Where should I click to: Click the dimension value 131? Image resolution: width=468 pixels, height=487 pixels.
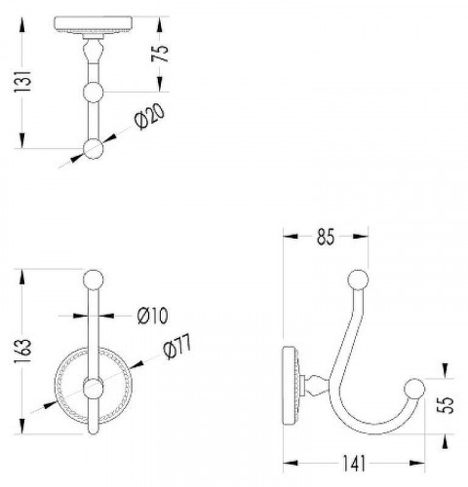[22, 81]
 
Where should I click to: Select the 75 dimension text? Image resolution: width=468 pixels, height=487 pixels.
[160, 54]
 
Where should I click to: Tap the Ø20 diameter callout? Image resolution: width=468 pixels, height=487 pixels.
[150, 117]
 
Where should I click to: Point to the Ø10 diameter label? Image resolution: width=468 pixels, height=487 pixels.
[153, 316]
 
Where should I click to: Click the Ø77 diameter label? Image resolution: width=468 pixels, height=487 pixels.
[177, 347]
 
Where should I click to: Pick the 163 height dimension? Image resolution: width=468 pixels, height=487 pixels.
[22, 352]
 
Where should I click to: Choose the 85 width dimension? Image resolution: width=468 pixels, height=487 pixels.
[326, 237]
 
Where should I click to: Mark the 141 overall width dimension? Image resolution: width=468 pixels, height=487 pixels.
[354, 463]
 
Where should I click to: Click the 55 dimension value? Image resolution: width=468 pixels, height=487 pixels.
[445, 405]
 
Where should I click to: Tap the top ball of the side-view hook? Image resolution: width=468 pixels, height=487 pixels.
[358, 280]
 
